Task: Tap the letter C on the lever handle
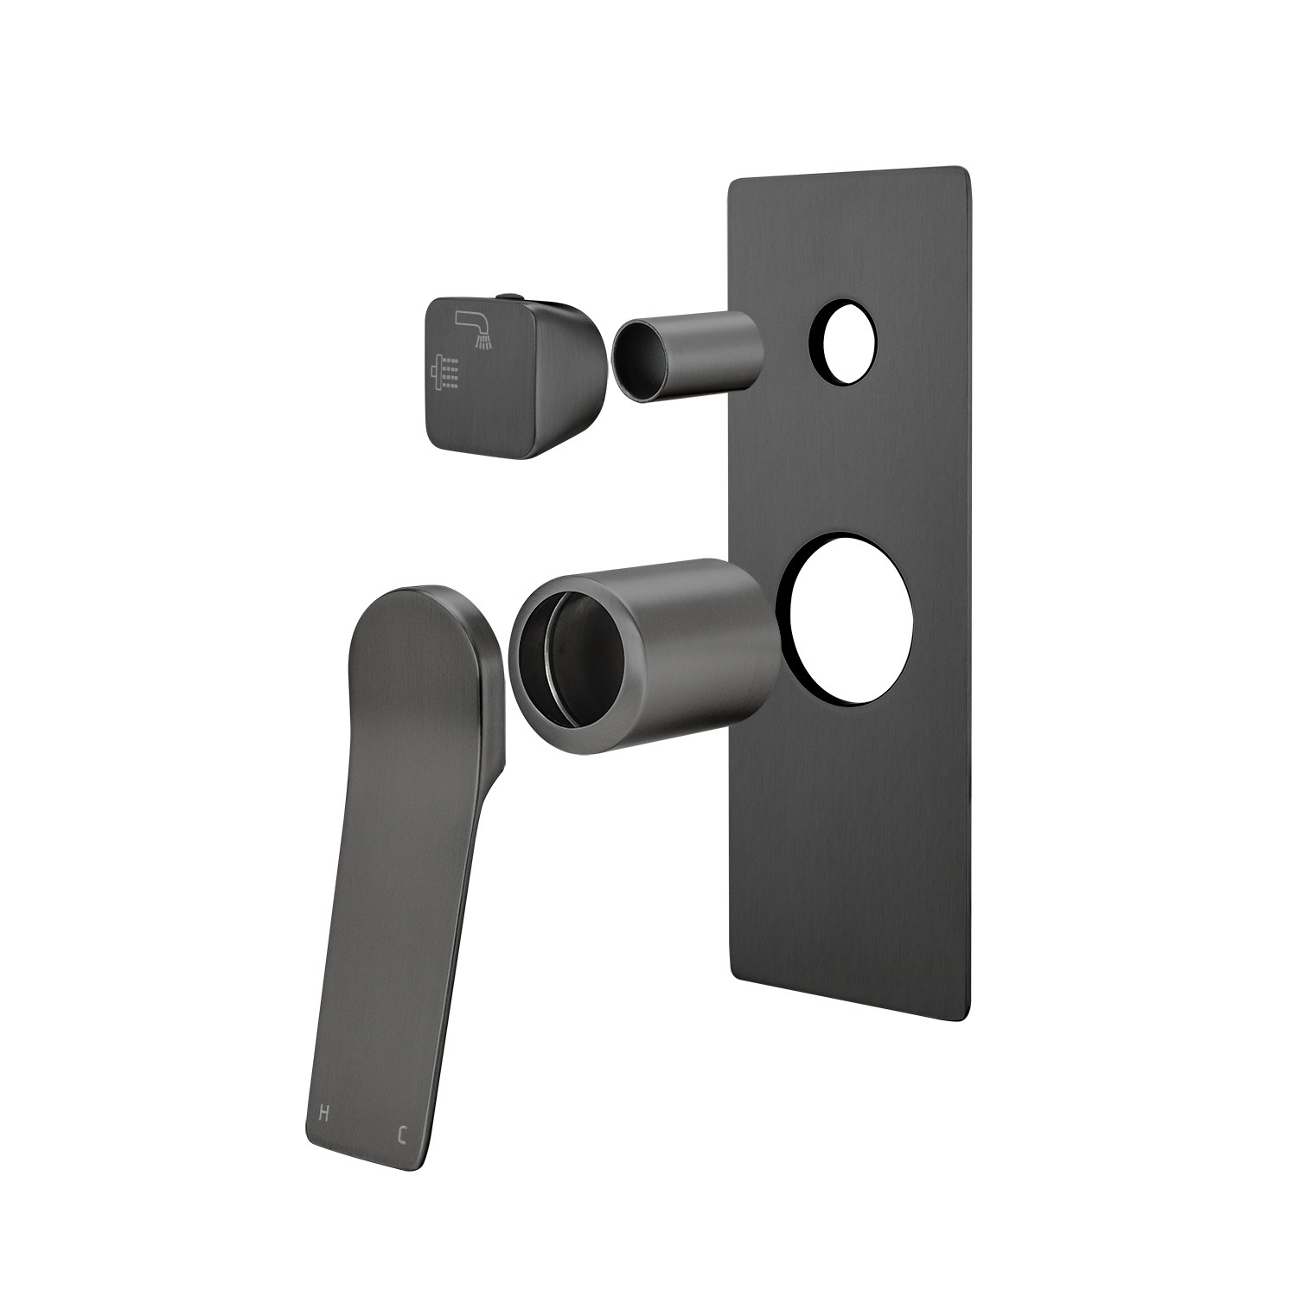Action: click(x=401, y=1134)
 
